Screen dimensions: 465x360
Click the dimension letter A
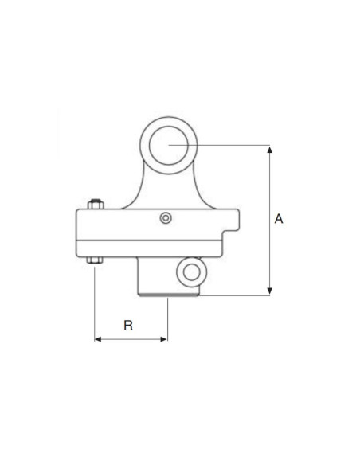(278, 218)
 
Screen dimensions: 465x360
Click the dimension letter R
(127, 325)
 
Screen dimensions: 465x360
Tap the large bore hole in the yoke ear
(168, 144)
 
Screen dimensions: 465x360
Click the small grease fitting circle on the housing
(165, 218)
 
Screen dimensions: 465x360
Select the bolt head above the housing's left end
(95, 204)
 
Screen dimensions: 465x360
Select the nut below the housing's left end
(95, 260)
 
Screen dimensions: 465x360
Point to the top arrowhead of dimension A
(270, 150)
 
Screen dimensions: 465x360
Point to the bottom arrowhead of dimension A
(270, 291)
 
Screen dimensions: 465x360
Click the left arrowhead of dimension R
(99, 338)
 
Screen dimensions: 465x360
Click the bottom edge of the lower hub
(169, 296)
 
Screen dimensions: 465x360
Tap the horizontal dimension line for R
(131, 338)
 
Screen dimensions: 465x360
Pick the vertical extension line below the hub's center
(168, 318)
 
